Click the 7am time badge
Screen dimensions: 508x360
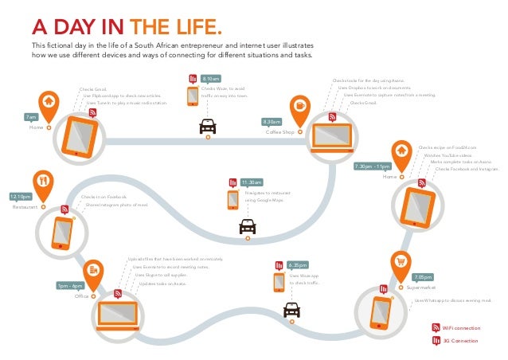click(x=32, y=117)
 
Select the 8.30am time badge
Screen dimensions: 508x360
click(x=272, y=121)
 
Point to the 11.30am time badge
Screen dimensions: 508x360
click(x=252, y=182)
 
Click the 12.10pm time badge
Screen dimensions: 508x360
click(x=21, y=196)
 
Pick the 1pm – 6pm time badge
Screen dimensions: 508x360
click(x=71, y=285)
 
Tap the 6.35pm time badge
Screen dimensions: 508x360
click(x=298, y=264)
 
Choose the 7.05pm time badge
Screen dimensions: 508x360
click(x=423, y=276)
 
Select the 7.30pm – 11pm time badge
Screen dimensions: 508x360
click(x=372, y=166)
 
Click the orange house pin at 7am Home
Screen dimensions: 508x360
click(x=49, y=102)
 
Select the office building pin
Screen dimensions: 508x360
click(x=94, y=271)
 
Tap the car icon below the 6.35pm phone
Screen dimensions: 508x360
click(x=292, y=309)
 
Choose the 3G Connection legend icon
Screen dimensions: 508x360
click(x=436, y=341)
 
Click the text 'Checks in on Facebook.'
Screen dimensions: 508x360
click(x=104, y=196)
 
